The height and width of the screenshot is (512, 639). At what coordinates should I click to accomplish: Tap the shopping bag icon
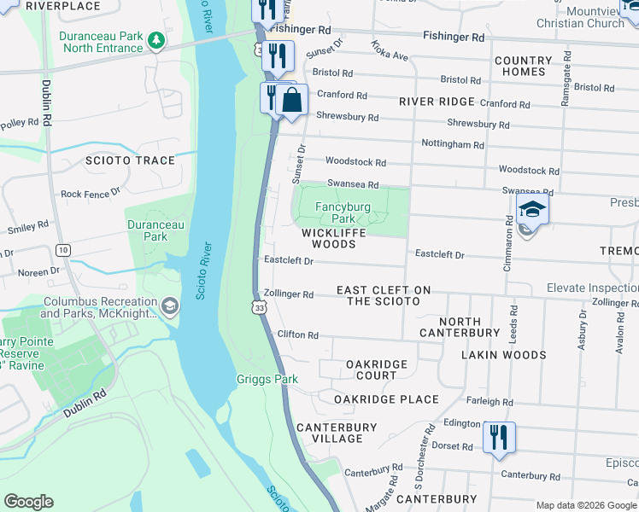(291, 99)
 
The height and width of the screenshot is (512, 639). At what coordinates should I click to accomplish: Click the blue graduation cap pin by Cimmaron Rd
(531, 209)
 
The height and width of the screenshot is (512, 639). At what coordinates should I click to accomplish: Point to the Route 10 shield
(64, 250)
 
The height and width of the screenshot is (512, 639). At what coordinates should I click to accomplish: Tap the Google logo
(29, 502)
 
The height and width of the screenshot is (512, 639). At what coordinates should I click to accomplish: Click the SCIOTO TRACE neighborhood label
(130, 160)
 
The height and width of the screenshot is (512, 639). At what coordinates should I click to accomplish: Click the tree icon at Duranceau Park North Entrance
(155, 40)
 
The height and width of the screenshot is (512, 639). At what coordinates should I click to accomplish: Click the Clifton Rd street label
(298, 335)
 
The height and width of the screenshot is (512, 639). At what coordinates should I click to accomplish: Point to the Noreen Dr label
(31, 271)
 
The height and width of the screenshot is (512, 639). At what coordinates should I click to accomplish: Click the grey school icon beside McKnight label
(170, 306)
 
